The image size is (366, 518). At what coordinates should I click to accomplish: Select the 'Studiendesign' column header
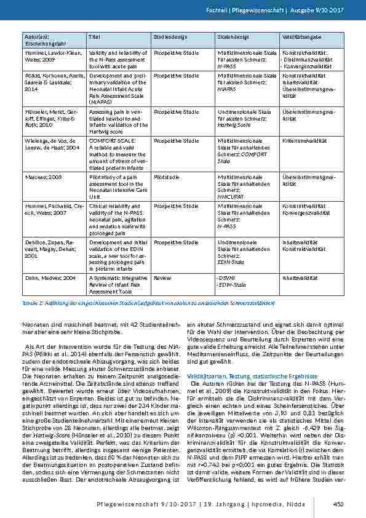point(170,38)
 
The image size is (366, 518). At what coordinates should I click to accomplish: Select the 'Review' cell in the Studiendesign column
point(161,277)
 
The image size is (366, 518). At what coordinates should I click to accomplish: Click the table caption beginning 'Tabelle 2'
point(148,303)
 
